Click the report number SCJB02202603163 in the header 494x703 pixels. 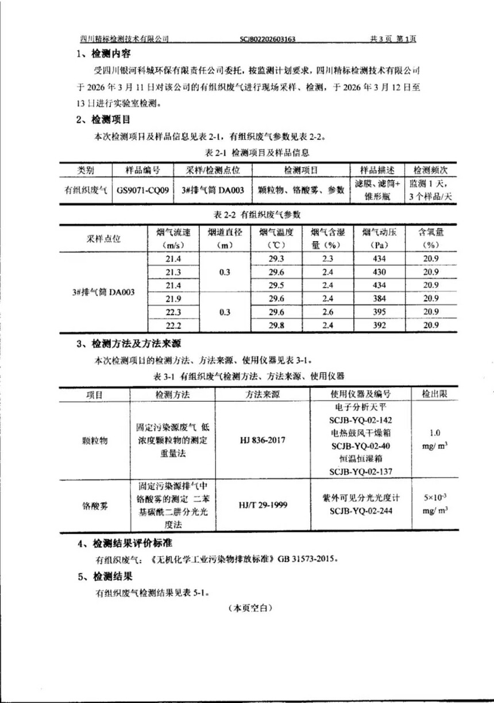[x=268, y=39]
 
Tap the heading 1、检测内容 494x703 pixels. [x=104, y=55]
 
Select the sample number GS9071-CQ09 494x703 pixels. [x=143, y=191]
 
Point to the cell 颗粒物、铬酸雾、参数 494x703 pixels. [x=301, y=191]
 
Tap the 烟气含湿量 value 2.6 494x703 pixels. [x=328, y=312]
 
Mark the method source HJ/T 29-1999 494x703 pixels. [x=263, y=505]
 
